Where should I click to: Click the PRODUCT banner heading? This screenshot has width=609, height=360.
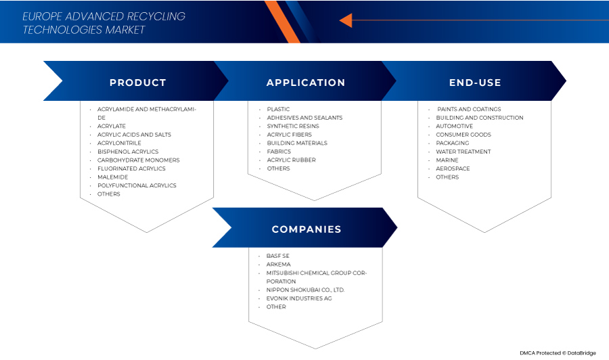tap(137, 83)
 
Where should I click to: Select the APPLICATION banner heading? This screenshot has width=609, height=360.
tap(306, 83)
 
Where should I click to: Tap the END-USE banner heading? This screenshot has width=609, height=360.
tap(475, 83)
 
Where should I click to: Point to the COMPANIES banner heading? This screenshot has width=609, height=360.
tap(306, 229)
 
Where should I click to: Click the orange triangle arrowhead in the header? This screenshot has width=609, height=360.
tap(345, 21)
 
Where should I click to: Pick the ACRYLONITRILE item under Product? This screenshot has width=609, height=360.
tap(120, 143)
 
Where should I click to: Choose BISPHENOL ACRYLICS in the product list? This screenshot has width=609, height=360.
tap(128, 152)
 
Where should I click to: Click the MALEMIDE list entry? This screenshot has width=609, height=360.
tap(112, 177)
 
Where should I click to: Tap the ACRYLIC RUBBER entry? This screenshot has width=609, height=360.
tap(291, 160)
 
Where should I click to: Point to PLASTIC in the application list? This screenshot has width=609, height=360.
tap(278, 109)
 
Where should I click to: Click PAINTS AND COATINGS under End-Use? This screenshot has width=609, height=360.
tap(469, 109)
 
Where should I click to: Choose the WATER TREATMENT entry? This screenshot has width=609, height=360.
tap(464, 152)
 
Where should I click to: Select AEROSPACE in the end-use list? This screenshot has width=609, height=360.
tap(453, 168)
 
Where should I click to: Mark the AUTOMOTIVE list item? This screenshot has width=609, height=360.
tap(454, 127)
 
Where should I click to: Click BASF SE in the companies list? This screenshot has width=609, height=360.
tap(277, 256)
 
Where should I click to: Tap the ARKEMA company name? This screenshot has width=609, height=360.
tap(277, 265)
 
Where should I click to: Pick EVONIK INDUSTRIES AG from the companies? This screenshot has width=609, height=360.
tap(299, 298)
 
